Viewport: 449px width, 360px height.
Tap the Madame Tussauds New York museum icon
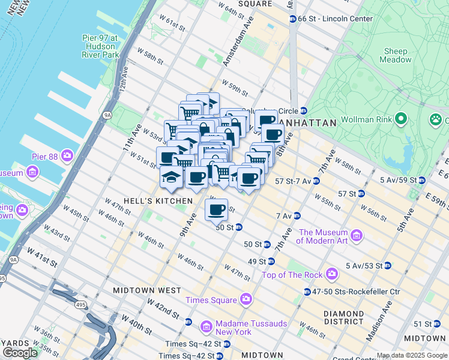click(206, 327)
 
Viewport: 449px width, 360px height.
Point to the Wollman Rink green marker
click(401, 119)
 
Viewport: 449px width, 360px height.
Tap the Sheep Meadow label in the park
click(396, 55)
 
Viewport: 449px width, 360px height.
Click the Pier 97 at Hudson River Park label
click(98, 46)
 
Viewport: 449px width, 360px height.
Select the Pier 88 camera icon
click(67, 157)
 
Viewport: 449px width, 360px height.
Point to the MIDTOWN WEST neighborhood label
click(147, 290)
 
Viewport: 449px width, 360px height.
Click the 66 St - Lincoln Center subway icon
click(292, 19)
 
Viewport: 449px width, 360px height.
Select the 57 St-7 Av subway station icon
click(316, 181)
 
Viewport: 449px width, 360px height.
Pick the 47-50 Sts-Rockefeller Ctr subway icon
click(299, 292)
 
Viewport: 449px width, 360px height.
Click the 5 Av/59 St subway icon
click(422, 180)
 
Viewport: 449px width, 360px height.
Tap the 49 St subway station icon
click(271, 261)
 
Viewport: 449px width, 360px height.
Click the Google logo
click(20, 352)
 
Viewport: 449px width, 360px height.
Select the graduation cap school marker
click(170, 177)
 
